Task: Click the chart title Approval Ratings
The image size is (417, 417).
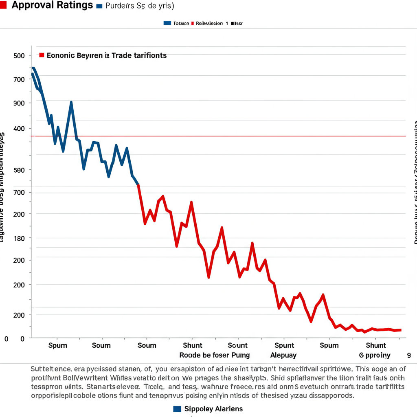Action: [53, 5]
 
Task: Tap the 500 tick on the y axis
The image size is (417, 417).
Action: [19, 56]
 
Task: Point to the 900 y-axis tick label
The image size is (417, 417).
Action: [19, 103]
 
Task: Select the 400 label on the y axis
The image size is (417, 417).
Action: [19, 129]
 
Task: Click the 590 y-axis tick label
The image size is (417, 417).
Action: [19, 170]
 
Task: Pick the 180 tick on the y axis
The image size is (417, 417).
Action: [19, 238]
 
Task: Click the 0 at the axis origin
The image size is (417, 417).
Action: [6, 339]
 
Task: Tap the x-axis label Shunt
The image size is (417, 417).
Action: [193, 345]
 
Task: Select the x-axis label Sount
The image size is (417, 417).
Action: [238, 345]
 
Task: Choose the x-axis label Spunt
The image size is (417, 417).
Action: [284, 345]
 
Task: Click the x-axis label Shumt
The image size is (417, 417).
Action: [376, 345]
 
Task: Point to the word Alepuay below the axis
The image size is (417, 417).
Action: [283, 355]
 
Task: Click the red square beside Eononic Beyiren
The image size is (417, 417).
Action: [42, 55]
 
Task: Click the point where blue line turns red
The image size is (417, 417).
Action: [139, 185]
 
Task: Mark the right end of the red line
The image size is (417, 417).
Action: [401, 330]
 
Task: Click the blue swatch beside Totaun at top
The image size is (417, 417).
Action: [167, 23]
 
